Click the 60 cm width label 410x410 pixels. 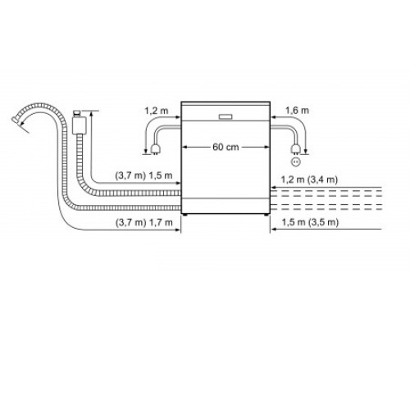[x=225, y=147]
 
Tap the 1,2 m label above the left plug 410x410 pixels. [x=157, y=111]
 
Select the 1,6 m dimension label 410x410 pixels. [x=297, y=111]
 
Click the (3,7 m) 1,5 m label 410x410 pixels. [x=143, y=175]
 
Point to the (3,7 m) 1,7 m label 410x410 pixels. [x=144, y=223]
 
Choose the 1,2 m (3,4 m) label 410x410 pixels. [x=309, y=180]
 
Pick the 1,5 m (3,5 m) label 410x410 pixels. [x=310, y=222]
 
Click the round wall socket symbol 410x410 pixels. [x=296, y=162]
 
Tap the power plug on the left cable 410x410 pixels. [x=155, y=149]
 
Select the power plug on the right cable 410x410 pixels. [x=296, y=149]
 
